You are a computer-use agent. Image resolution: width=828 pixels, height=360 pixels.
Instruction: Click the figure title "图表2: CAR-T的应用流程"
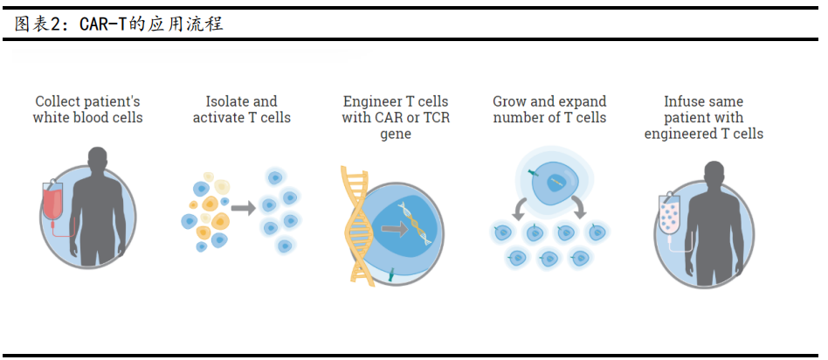coord(119,24)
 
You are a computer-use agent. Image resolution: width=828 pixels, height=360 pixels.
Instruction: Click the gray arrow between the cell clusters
coord(244,208)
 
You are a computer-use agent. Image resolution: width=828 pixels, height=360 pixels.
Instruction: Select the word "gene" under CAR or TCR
coord(396,134)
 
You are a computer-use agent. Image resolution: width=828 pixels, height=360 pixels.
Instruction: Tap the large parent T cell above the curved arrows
coord(553,181)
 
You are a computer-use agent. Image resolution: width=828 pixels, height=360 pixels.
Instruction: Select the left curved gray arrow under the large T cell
coord(520,208)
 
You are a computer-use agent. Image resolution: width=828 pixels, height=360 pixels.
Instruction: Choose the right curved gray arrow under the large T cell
coord(579,208)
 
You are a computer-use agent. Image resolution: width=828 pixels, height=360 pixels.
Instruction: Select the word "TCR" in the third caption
coord(434,118)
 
